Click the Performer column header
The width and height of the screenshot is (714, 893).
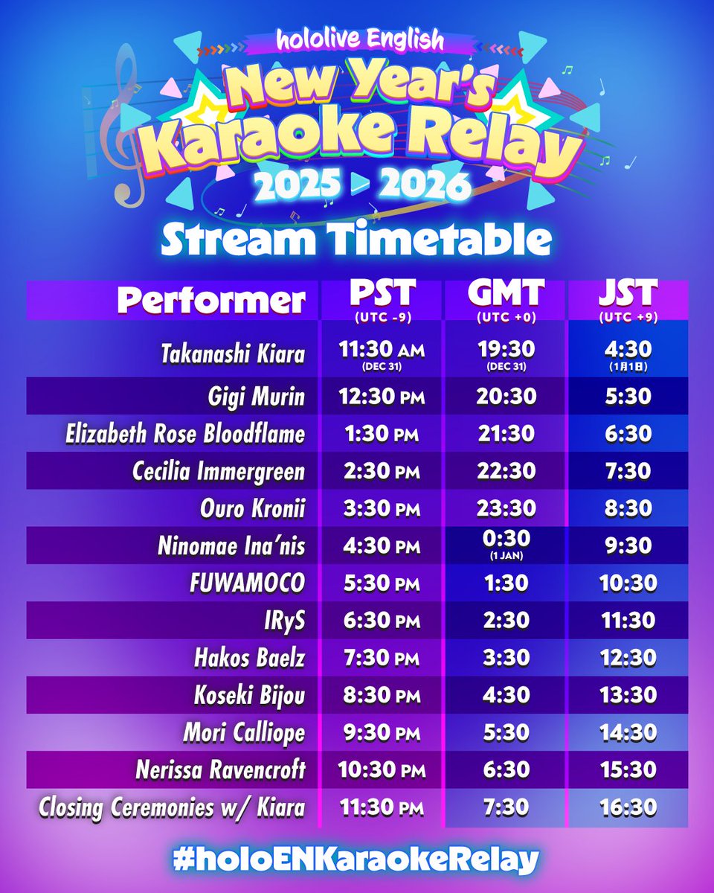[x=211, y=301]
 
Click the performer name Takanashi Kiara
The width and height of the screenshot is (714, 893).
[x=232, y=354]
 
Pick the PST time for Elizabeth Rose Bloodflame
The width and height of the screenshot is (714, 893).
[x=382, y=434]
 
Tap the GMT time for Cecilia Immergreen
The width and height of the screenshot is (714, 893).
[x=506, y=471]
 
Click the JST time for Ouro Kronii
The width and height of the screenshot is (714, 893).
[x=628, y=508]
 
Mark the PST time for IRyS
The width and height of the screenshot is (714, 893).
[x=382, y=620]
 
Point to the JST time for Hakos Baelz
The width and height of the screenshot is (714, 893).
[x=628, y=658]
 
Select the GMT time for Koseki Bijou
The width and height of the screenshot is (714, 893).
[x=506, y=695]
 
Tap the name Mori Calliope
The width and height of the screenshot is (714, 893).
[x=244, y=732]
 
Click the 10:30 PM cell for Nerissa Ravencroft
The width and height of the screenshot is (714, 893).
[x=382, y=769]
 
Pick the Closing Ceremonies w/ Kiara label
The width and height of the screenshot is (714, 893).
[x=173, y=807]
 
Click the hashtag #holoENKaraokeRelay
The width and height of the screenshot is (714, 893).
[x=356, y=860]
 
